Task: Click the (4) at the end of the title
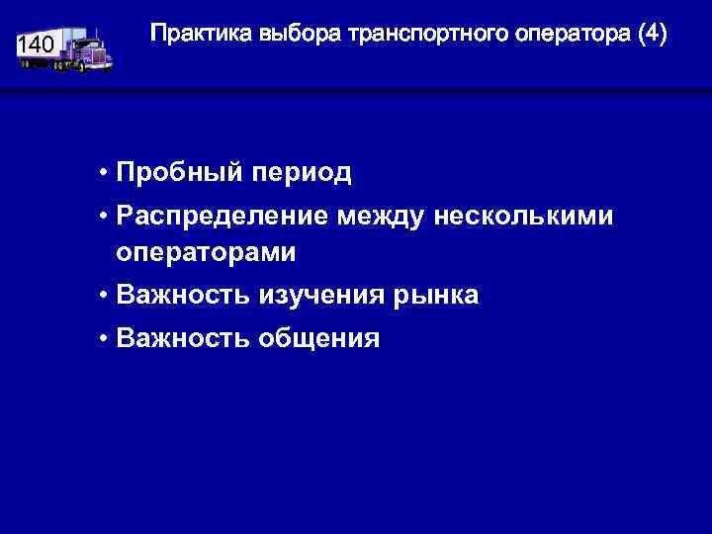coord(653,35)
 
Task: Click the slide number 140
coord(36,45)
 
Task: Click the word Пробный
coord(180,174)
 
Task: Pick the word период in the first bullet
coord(303,174)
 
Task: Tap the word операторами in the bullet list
coord(206,253)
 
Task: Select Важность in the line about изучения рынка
coord(183,296)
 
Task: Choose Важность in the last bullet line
coord(183,339)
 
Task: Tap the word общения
coord(318,339)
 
